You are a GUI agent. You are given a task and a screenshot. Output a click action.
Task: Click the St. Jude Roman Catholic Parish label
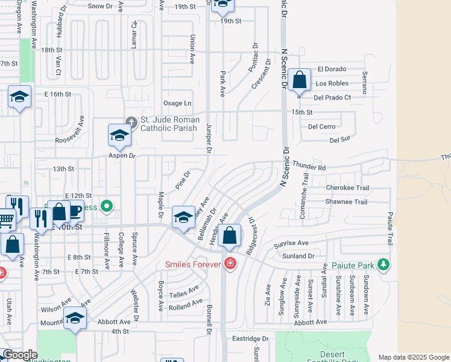[x=169, y=124]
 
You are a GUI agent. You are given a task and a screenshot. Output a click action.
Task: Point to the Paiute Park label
[x=353, y=265]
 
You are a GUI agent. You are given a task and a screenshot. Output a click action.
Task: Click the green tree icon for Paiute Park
[x=382, y=264]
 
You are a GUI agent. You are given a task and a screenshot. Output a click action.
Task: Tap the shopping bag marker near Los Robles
[x=298, y=80]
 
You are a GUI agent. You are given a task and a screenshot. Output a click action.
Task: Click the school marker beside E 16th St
[x=20, y=97]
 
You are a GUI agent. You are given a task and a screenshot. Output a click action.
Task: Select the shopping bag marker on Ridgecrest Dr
[x=230, y=235]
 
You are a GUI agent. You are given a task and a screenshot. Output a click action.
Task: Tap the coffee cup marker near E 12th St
[x=75, y=211]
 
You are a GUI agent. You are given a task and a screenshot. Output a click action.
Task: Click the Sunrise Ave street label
[x=291, y=243]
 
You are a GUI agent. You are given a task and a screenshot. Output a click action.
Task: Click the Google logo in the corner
[x=20, y=355]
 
